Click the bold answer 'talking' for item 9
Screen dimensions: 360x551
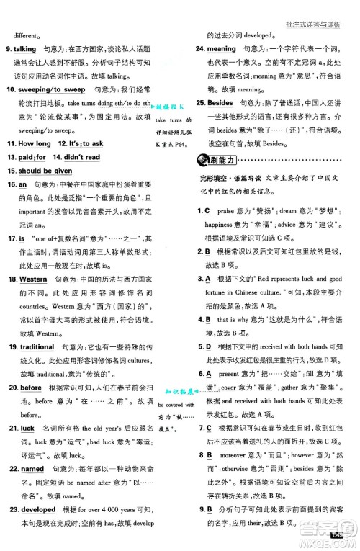[x=25, y=48]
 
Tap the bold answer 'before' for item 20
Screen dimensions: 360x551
[x=31, y=388]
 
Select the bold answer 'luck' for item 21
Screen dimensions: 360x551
[x=27, y=428]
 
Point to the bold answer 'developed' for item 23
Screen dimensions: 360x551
[x=39, y=509]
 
